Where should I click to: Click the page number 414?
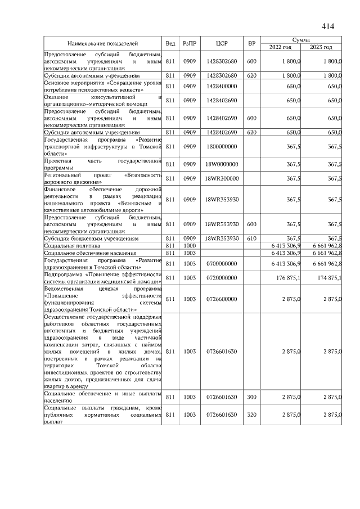pyautogui.click(x=327, y=26)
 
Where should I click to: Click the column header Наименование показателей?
pyautogui.click(x=103, y=43)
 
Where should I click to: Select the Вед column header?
pyautogui.click(x=170, y=43)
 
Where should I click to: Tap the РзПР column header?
pyautogui.click(x=189, y=43)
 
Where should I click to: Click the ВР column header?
pyautogui.click(x=252, y=43)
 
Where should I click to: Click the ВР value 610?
pyautogui.click(x=252, y=238)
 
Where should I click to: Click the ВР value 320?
pyautogui.click(x=252, y=415)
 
